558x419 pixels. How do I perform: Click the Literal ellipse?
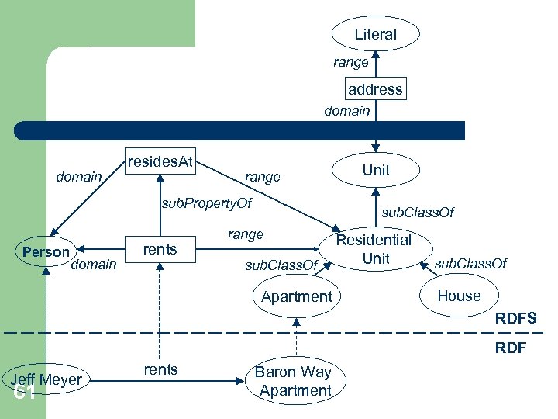pyautogui.click(x=376, y=34)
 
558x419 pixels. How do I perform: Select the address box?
pyautogui.click(x=375, y=89)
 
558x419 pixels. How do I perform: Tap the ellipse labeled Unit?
pyautogui.click(x=376, y=170)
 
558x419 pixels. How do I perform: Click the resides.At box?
pyautogui.click(x=160, y=162)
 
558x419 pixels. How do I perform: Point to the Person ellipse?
pyautogui.click(x=46, y=252)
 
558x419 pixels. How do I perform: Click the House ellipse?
pyautogui.click(x=459, y=296)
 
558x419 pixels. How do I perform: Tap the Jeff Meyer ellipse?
pyautogui.click(x=46, y=379)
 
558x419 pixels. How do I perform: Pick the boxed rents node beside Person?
pyautogui.click(x=160, y=249)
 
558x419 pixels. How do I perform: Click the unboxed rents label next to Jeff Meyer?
pyautogui.click(x=160, y=370)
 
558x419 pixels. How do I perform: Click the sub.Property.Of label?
pyautogui.click(x=206, y=204)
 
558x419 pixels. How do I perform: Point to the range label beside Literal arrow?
pyautogui.click(x=351, y=62)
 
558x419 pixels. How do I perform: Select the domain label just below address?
pyautogui.click(x=346, y=111)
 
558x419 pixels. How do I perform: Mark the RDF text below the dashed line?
pyautogui.click(x=511, y=348)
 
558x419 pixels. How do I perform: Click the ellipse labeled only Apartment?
pyautogui.click(x=297, y=296)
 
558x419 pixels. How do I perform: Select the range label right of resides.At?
pyautogui.click(x=262, y=177)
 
